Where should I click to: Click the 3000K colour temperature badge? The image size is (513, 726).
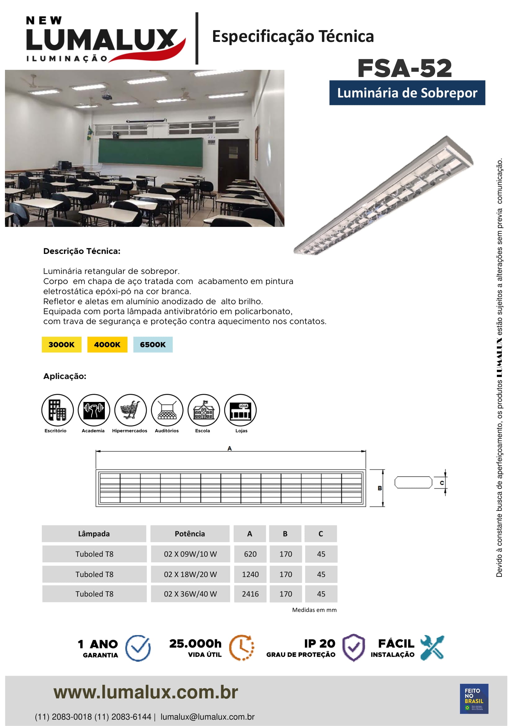click(x=62, y=344)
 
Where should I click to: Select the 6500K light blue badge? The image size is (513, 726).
click(x=153, y=344)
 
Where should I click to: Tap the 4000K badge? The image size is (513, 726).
click(x=107, y=344)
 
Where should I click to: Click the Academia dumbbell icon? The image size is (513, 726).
click(x=94, y=410)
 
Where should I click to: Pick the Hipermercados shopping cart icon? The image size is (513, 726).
click(x=131, y=410)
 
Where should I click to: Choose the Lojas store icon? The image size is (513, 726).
click(x=240, y=410)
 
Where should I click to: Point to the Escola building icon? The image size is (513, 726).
click(x=204, y=410)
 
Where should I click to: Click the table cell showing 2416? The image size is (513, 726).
click(x=250, y=594)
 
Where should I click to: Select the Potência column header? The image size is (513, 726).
click(x=190, y=534)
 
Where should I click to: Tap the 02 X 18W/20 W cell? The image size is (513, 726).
click(x=190, y=574)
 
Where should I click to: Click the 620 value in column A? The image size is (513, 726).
click(x=250, y=554)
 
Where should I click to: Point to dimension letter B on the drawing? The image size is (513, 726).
click(x=380, y=488)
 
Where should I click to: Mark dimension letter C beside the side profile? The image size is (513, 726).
click(x=442, y=483)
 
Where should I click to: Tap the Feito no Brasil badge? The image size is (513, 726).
click(x=474, y=698)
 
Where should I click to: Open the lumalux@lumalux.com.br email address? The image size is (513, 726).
click(x=207, y=717)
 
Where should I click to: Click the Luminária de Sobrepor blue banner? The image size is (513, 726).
click(x=407, y=92)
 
